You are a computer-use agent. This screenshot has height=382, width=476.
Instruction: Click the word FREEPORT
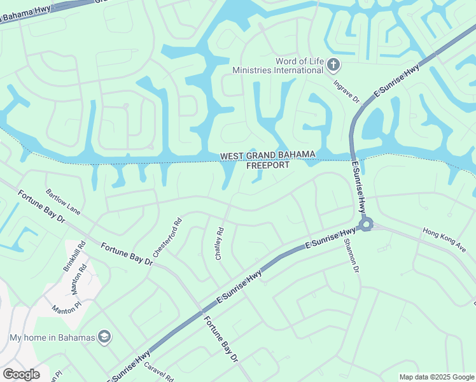[x=267, y=165]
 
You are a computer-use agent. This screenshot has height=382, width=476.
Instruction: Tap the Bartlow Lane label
[x=63, y=201]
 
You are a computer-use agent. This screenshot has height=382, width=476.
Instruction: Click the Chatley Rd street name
[x=220, y=243]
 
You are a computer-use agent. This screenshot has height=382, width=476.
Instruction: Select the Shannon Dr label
[x=351, y=256]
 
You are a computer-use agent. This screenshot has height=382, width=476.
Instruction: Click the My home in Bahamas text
[x=52, y=337]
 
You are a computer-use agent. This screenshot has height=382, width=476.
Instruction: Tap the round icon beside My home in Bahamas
[x=104, y=336]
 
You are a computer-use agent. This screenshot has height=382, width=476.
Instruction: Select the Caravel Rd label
[x=158, y=372]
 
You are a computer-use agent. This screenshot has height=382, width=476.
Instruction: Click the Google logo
[x=21, y=374]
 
